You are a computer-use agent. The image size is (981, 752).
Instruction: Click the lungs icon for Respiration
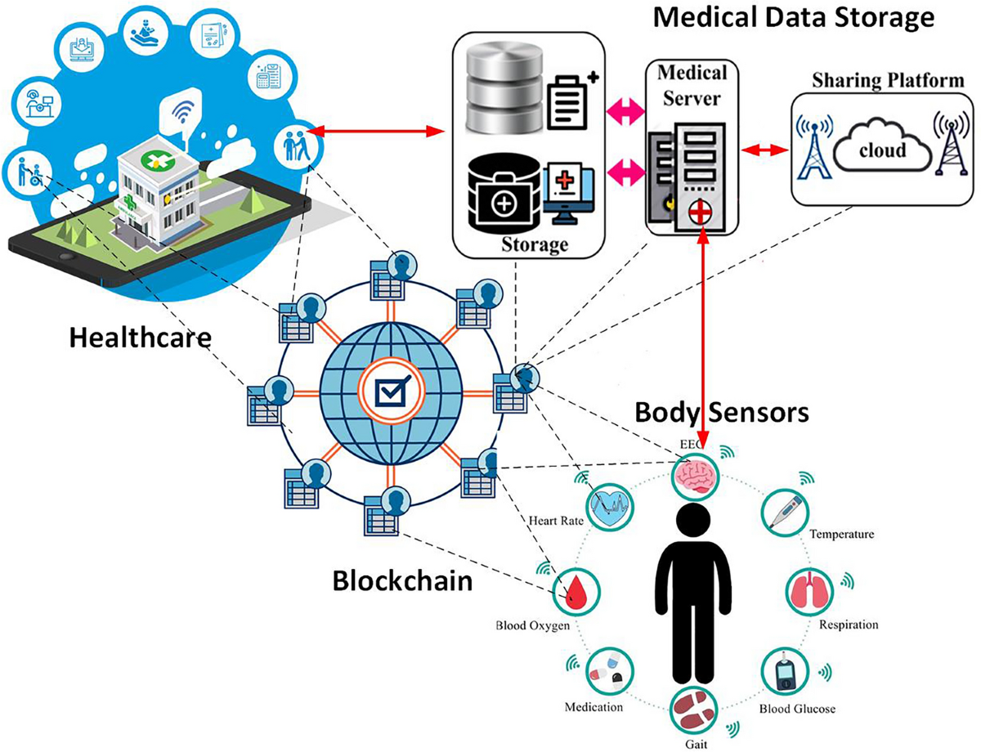809,590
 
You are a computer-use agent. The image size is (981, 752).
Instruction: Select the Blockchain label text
402,582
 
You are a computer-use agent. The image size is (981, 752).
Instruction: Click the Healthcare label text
139,337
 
